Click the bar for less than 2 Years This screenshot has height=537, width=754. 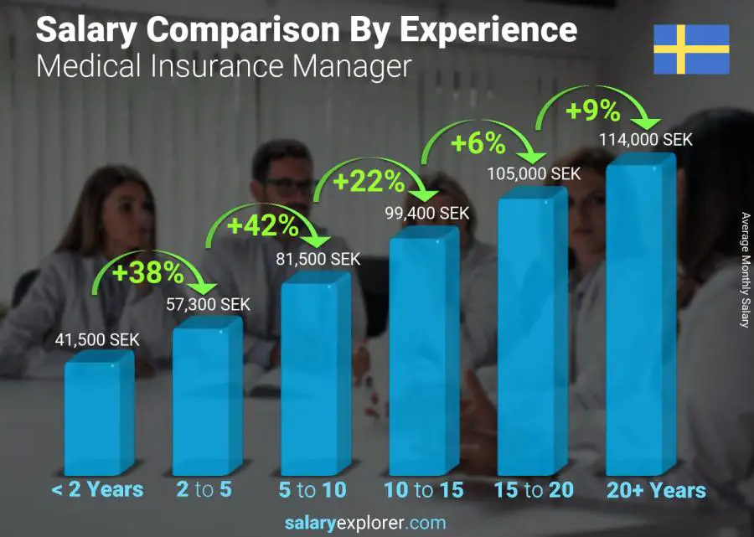98,415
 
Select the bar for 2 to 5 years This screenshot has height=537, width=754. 206,398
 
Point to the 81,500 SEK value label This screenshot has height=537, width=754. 318,260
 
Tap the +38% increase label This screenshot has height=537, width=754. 149,272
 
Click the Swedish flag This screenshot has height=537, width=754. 691,49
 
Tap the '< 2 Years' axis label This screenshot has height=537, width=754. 97,490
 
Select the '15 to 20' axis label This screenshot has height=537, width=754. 532,490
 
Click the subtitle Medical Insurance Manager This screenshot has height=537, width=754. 224,66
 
